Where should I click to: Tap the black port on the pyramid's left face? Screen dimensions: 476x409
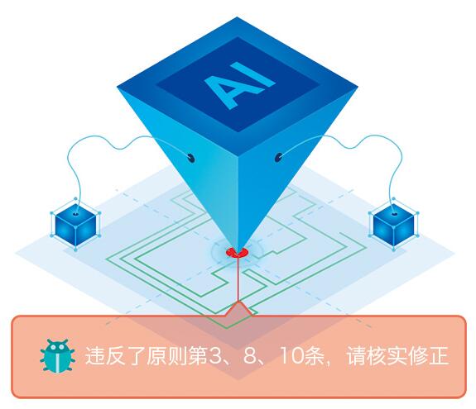coord(190,158)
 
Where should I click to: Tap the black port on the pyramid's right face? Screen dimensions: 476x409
coord(278,158)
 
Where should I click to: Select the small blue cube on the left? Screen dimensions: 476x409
coord(75,225)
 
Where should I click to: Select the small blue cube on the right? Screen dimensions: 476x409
coord(394,225)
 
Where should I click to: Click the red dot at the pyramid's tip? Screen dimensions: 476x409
coord(237,252)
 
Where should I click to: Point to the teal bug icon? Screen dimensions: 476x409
coord(57,355)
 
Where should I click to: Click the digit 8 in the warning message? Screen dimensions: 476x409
coord(249,355)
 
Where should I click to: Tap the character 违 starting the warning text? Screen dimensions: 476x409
coord(94,355)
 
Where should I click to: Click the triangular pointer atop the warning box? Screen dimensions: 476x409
coord(239,310)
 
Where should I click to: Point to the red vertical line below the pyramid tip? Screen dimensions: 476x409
coord(238,279)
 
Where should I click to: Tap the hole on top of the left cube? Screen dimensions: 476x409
coord(75,214)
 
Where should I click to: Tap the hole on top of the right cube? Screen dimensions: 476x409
coord(394,214)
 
